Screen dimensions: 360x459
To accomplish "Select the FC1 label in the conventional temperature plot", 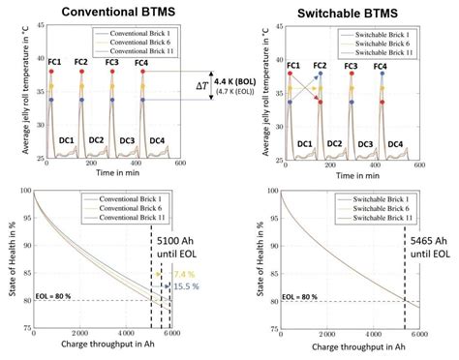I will click(51, 63).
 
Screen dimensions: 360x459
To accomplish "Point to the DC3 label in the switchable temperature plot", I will click(365, 143).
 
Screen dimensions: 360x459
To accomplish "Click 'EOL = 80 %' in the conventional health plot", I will click(57, 298).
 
